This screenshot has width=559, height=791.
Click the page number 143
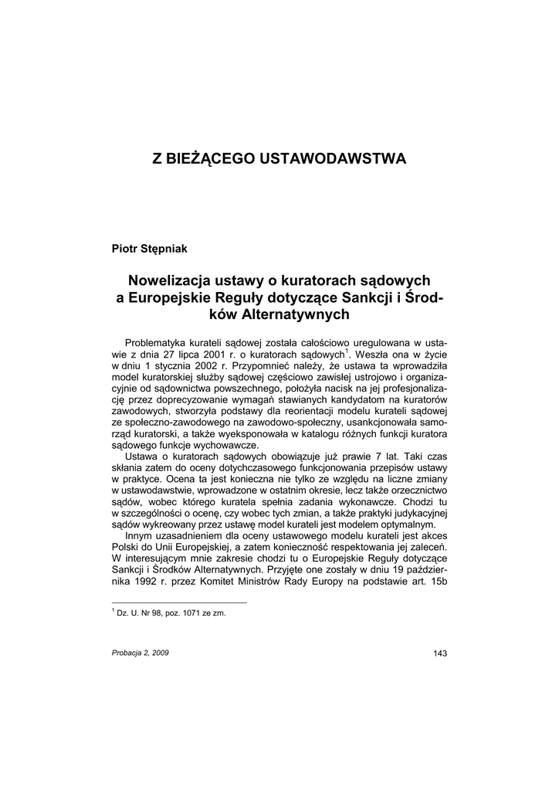coord(440,654)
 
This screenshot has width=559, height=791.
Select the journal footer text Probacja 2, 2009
coord(141,654)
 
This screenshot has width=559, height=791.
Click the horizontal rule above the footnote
coord(179,603)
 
